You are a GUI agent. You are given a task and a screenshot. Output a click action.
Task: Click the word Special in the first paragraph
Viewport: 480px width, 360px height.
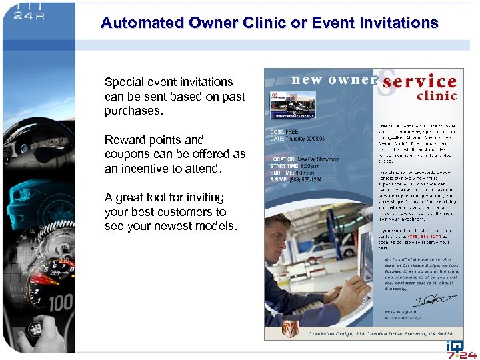[125, 82]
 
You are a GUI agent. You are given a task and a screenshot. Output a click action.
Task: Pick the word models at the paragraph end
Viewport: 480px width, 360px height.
[215, 227]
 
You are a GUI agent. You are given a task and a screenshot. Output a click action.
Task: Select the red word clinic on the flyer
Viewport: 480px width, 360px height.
[437, 95]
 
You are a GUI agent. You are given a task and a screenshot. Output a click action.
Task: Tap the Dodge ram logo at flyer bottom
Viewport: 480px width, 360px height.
[291, 329]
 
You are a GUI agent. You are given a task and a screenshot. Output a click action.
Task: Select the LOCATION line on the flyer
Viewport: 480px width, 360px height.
[305, 159]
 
